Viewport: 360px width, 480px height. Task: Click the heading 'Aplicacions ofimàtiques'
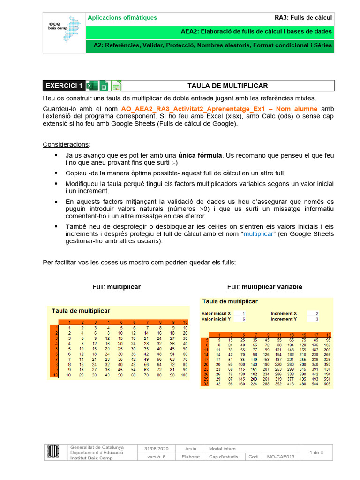123,18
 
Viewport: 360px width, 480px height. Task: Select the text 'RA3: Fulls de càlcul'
303,18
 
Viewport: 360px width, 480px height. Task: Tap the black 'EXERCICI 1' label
63,86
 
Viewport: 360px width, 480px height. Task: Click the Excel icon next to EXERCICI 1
92,86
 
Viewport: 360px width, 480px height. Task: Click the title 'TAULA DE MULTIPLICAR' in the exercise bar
227,86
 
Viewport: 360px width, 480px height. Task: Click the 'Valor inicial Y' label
216,319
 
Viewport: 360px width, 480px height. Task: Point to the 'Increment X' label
284,313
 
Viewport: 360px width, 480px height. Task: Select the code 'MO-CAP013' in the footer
281,457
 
